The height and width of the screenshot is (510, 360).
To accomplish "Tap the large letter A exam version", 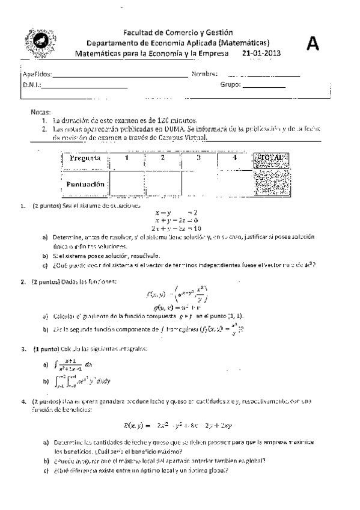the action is point(313,43).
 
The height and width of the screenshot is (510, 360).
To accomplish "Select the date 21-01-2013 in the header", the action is point(261,54).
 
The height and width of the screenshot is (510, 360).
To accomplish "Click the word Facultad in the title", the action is point(139,32).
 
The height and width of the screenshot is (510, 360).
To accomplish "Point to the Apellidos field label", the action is point(37,75).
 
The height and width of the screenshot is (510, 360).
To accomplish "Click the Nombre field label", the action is point(204,74).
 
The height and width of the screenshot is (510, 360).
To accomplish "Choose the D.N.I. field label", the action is point(31,85).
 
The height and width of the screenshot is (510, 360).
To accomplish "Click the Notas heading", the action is point(41,112).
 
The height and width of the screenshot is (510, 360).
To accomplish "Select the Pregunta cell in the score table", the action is point(85,159).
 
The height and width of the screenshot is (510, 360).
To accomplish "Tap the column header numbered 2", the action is point(162,158).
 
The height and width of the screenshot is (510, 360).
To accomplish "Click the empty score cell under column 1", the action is point(127,183).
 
